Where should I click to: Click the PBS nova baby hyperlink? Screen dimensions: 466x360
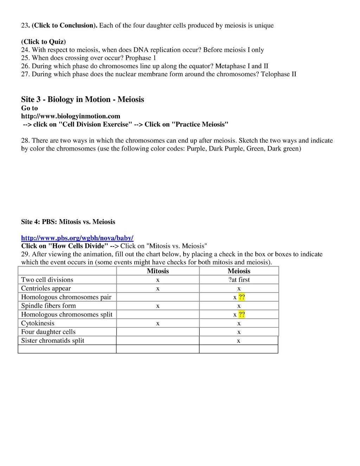tap(77, 238)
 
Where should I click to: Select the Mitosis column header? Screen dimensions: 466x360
tap(158, 271)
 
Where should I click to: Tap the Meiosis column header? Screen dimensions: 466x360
tap(239, 271)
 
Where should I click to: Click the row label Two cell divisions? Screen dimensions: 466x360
tap(47, 280)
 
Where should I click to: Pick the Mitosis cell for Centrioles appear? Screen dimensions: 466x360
tap(158, 288)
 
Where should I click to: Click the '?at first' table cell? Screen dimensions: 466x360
tap(239, 280)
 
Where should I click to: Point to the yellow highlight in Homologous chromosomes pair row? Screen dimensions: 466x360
tap(242, 297)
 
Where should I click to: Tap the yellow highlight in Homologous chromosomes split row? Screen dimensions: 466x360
tap(242, 314)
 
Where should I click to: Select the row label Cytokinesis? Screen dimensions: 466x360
tap(38, 323)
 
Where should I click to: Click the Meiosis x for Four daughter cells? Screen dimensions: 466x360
tap(239, 332)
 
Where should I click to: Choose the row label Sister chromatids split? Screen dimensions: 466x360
tap(53, 340)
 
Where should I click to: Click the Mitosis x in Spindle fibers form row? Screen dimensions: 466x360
tap(158, 306)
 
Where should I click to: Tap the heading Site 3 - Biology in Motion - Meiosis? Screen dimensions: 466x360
tap(83, 99)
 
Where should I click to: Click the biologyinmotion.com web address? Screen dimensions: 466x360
tap(71, 116)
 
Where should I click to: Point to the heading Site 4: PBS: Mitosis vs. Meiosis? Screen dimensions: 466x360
tap(68, 222)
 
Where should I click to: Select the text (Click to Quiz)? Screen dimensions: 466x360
tap(44, 42)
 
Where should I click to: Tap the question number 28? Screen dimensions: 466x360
tap(25, 141)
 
